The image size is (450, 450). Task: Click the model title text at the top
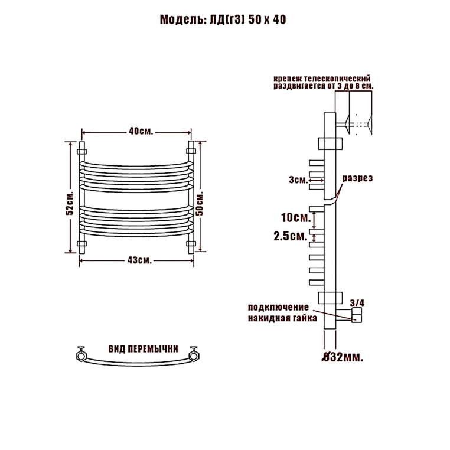tap(223, 19)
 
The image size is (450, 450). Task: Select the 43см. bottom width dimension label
tap(139, 260)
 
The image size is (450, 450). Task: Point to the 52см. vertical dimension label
tap(70, 203)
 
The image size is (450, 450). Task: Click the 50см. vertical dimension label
tap(200, 204)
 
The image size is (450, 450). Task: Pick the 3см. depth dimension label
tap(298, 180)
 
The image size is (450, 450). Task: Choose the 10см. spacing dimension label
tap(296, 217)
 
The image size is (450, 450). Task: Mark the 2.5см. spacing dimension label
tap(291, 236)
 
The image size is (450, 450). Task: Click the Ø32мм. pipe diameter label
tap(343, 357)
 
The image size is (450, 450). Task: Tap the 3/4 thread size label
tap(357, 303)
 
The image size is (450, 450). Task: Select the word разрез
tap(358, 178)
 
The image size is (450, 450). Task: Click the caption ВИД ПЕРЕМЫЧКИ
tap(143, 348)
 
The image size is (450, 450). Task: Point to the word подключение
tap(278, 307)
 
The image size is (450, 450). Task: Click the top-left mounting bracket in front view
tap(82, 152)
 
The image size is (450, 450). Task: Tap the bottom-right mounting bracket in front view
tap(191, 244)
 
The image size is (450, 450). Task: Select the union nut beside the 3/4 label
tap(357, 315)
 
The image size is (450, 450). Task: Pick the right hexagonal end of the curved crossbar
tap(194, 354)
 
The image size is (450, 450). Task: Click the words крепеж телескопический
tap(322, 79)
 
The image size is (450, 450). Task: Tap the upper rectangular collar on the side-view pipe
tap(330, 144)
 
